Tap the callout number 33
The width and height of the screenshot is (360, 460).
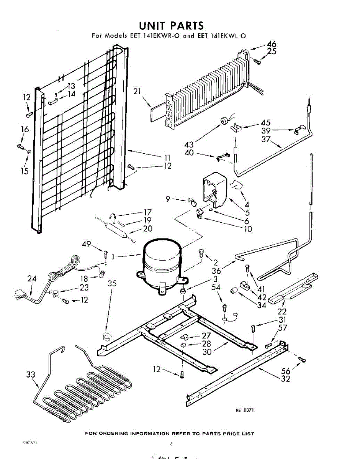point(31,375)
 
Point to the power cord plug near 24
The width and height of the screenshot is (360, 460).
point(18,295)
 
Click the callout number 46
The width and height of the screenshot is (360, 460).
point(271,44)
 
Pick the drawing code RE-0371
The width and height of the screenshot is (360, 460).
point(245,410)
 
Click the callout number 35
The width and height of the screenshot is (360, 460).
point(112,284)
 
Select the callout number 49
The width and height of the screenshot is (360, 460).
point(86,245)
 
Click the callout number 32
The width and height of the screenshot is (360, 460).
point(285,379)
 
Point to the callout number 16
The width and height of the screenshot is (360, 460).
point(25,130)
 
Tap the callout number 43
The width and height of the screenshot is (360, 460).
point(189,145)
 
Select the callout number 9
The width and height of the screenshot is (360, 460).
point(168,199)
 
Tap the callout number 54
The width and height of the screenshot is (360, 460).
point(216,287)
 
